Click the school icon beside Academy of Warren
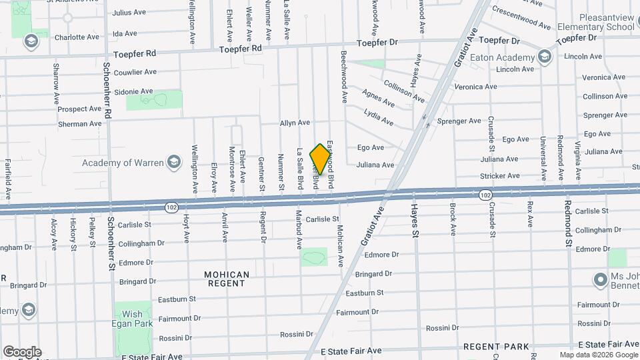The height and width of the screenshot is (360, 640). coord(174,162)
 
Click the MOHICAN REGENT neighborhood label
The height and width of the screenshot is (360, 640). coord(227,279)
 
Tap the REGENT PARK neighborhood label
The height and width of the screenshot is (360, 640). coord(496,347)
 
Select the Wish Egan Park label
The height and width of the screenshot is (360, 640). coord(132,319)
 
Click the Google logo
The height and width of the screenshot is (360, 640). coord(22,351)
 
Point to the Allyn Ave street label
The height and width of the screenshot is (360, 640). coord(295,123)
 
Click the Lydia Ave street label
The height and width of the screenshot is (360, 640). coord(379,118)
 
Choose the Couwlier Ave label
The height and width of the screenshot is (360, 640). coord(135,72)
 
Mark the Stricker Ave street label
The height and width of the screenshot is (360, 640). coord(499,176)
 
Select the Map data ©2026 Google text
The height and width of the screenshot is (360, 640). coord(598,355)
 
